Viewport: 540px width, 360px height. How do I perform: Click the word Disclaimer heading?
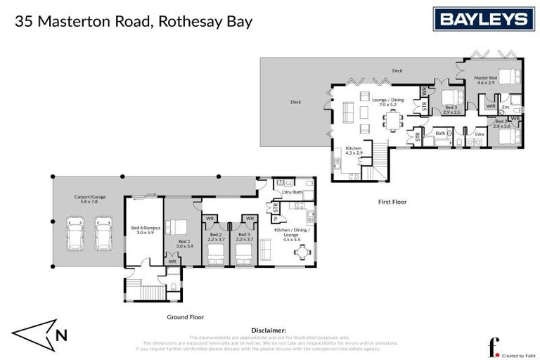click(x=269, y=329)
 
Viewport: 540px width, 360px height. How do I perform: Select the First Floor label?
click(x=392, y=202)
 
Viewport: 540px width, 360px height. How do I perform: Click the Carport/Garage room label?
click(x=90, y=199)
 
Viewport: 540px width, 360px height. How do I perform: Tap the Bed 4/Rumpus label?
click(x=144, y=229)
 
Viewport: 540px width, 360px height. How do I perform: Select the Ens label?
click(x=506, y=107)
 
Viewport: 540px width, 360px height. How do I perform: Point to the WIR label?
click(x=490, y=107)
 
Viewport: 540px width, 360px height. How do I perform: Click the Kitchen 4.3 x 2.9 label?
click(x=353, y=150)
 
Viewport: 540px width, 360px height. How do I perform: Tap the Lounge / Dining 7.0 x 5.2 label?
click(x=387, y=103)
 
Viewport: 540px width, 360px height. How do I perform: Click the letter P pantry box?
click(x=275, y=218)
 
